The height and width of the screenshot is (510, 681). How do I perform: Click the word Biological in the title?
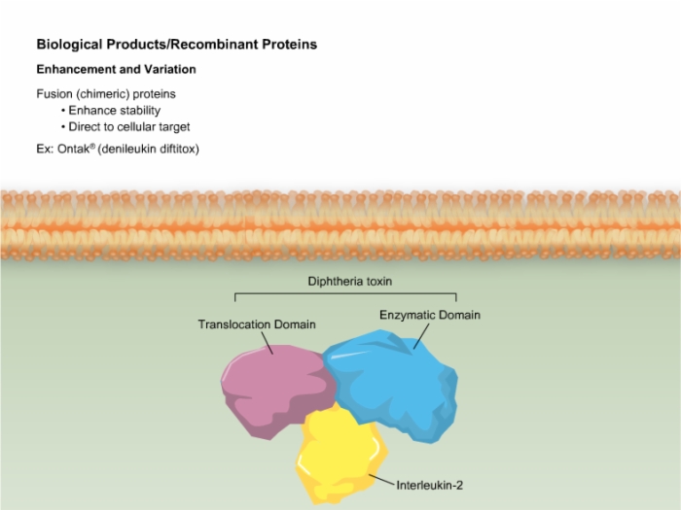pyautogui.click(x=69, y=45)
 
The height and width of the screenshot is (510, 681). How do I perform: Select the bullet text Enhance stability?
pyautogui.click(x=115, y=111)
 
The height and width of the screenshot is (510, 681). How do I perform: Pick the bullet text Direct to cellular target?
pyautogui.click(x=129, y=127)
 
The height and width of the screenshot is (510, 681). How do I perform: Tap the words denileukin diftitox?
pyautogui.click(x=149, y=150)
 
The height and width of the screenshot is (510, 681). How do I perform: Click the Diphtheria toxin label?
pyautogui.click(x=350, y=282)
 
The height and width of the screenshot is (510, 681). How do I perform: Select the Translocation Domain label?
pyautogui.click(x=257, y=324)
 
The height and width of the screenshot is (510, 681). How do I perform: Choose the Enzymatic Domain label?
pyautogui.click(x=430, y=316)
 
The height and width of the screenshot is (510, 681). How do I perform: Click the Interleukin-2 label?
pyautogui.click(x=430, y=486)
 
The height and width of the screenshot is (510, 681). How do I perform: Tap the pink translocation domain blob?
pyautogui.click(x=275, y=391)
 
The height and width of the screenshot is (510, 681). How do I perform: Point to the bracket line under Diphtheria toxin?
pyautogui.click(x=345, y=294)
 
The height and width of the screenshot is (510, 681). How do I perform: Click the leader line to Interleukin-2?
pyautogui.click(x=381, y=480)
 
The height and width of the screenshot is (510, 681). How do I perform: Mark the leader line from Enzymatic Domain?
pyautogui.click(x=421, y=336)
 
